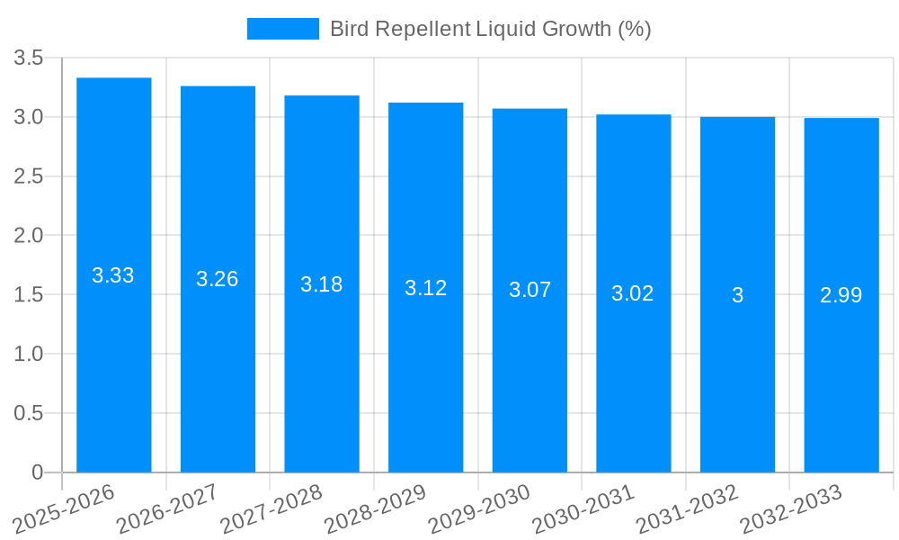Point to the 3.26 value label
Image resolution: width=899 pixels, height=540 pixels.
tap(218, 279)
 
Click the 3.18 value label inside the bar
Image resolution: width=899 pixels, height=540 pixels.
tap(322, 284)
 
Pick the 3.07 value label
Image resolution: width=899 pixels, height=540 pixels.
tap(530, 290)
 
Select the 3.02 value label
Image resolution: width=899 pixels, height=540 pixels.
tap(633, 293)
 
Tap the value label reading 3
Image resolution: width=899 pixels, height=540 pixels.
tap(737, 295)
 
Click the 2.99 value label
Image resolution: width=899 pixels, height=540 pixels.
tap(841, 295)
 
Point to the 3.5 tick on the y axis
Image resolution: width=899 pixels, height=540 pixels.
tap(29, 58)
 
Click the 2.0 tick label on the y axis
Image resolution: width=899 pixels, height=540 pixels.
tap(29, 236)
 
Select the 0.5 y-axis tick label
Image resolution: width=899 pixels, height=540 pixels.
tap(29, 413)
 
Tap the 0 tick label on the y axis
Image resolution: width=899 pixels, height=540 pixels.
tap(37, 472)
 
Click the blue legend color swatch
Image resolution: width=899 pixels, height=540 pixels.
tap(283, 29)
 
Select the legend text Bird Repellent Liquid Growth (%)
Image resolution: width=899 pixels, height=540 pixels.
tap(490, 29)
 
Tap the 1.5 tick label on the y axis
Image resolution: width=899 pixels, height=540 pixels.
tap(29, 295)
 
